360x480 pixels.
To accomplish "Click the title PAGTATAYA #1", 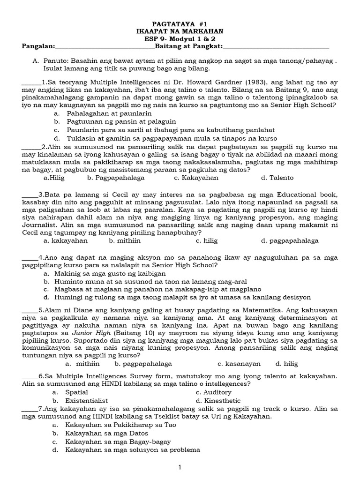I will (180, 23).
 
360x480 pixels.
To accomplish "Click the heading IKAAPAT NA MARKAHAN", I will (180, 31).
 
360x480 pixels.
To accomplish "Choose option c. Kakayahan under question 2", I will (196, 178).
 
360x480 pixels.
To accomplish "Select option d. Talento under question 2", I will (277, 178).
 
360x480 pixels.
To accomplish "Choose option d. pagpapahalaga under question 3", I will (290, 240).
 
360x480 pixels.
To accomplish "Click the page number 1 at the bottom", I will (180, 467).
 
